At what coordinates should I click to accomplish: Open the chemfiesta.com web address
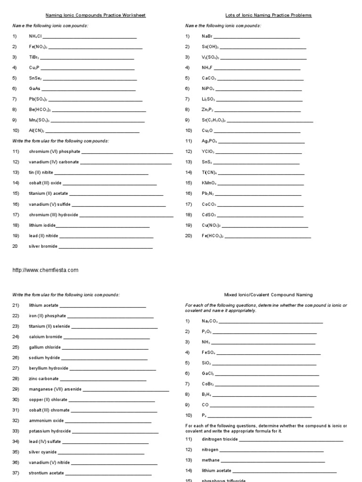pyautogui.click(x=45, y=270)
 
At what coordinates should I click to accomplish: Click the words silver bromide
pyautogui.click(x=43, y=246)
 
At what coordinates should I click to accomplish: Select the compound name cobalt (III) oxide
pyautogui.click(x=45, y=183)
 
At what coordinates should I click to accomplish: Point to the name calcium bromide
pyautogui.click(x=45, y=337)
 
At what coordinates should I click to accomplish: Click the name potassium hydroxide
pyautogui.click(x=50, y=431)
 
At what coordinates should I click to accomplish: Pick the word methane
pyautogui.click(x=210, y=460)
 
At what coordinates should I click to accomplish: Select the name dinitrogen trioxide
pyautogui.click(x=220, y=439)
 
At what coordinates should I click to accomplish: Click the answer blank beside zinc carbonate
pyautogui.click(x=103, y=379)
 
